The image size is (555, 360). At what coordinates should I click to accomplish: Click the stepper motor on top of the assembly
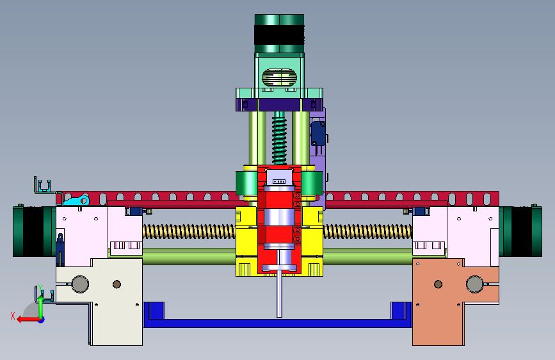[279, 34]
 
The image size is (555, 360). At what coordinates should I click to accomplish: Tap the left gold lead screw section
[189, 232]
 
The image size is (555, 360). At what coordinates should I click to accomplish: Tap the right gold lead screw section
[367, 232]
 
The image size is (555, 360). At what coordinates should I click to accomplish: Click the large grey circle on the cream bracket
[80, 284]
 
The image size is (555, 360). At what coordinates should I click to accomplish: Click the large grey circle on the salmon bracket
[474, 284]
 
